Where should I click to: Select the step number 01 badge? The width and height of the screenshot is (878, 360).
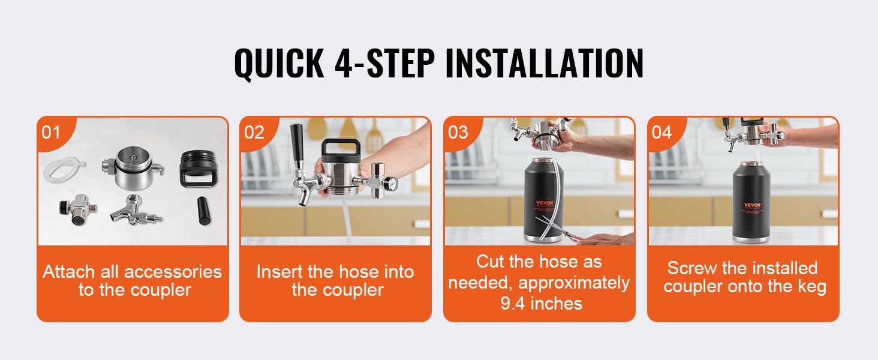pos(52,132)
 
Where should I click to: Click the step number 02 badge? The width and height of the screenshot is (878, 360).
pos(254,132)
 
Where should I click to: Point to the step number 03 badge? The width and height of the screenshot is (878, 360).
pos(458,132)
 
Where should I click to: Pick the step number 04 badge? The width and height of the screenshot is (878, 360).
pos(661,132)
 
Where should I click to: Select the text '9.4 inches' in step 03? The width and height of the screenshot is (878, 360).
pos(541,304)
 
